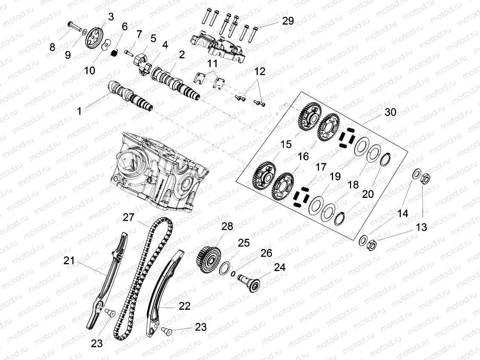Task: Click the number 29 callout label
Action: click(288, 21)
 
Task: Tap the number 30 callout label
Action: click(390, 112)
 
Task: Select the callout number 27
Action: click(129, 217)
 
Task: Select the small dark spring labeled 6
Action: click(114, 54)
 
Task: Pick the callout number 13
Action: click(421, 227)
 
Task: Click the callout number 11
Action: click(212, 64)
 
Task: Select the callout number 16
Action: click(303, 156)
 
